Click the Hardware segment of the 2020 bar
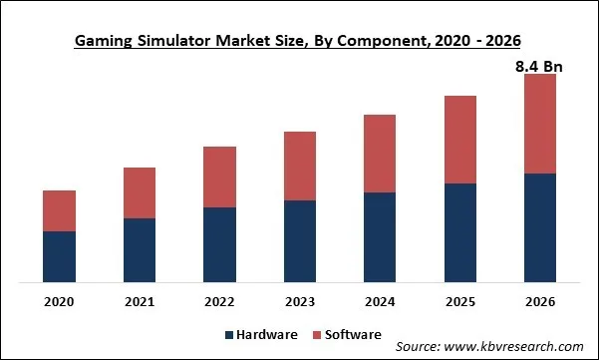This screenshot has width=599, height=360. point(60,256)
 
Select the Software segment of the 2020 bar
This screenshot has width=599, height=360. point(60,210)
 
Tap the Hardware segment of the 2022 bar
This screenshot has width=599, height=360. point(219,244)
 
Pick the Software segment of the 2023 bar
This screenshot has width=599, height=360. point(300,166)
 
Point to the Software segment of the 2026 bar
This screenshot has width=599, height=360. point(539,124)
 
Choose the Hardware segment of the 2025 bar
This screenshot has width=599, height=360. point(459,232)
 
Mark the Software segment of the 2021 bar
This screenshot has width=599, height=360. point(140,192)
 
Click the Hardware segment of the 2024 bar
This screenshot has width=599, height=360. point(380,236)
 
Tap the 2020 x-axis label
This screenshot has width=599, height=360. point(60,301)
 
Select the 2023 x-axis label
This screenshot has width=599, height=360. point(300,301)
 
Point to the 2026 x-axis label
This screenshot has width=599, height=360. point(539,301)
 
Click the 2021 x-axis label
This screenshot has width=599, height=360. point(140,301)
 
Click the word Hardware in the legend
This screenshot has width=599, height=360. point(265,334)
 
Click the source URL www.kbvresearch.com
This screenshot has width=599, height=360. point(515,347)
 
